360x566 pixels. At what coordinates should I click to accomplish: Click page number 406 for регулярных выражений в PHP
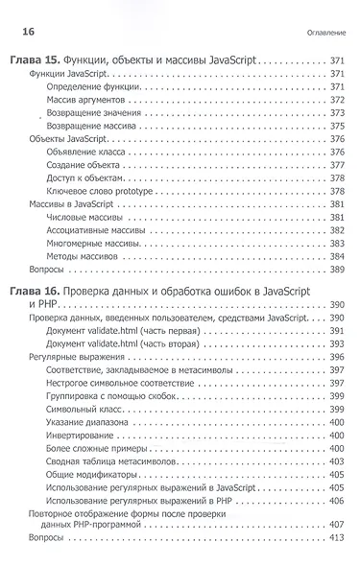coord(336,501)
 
